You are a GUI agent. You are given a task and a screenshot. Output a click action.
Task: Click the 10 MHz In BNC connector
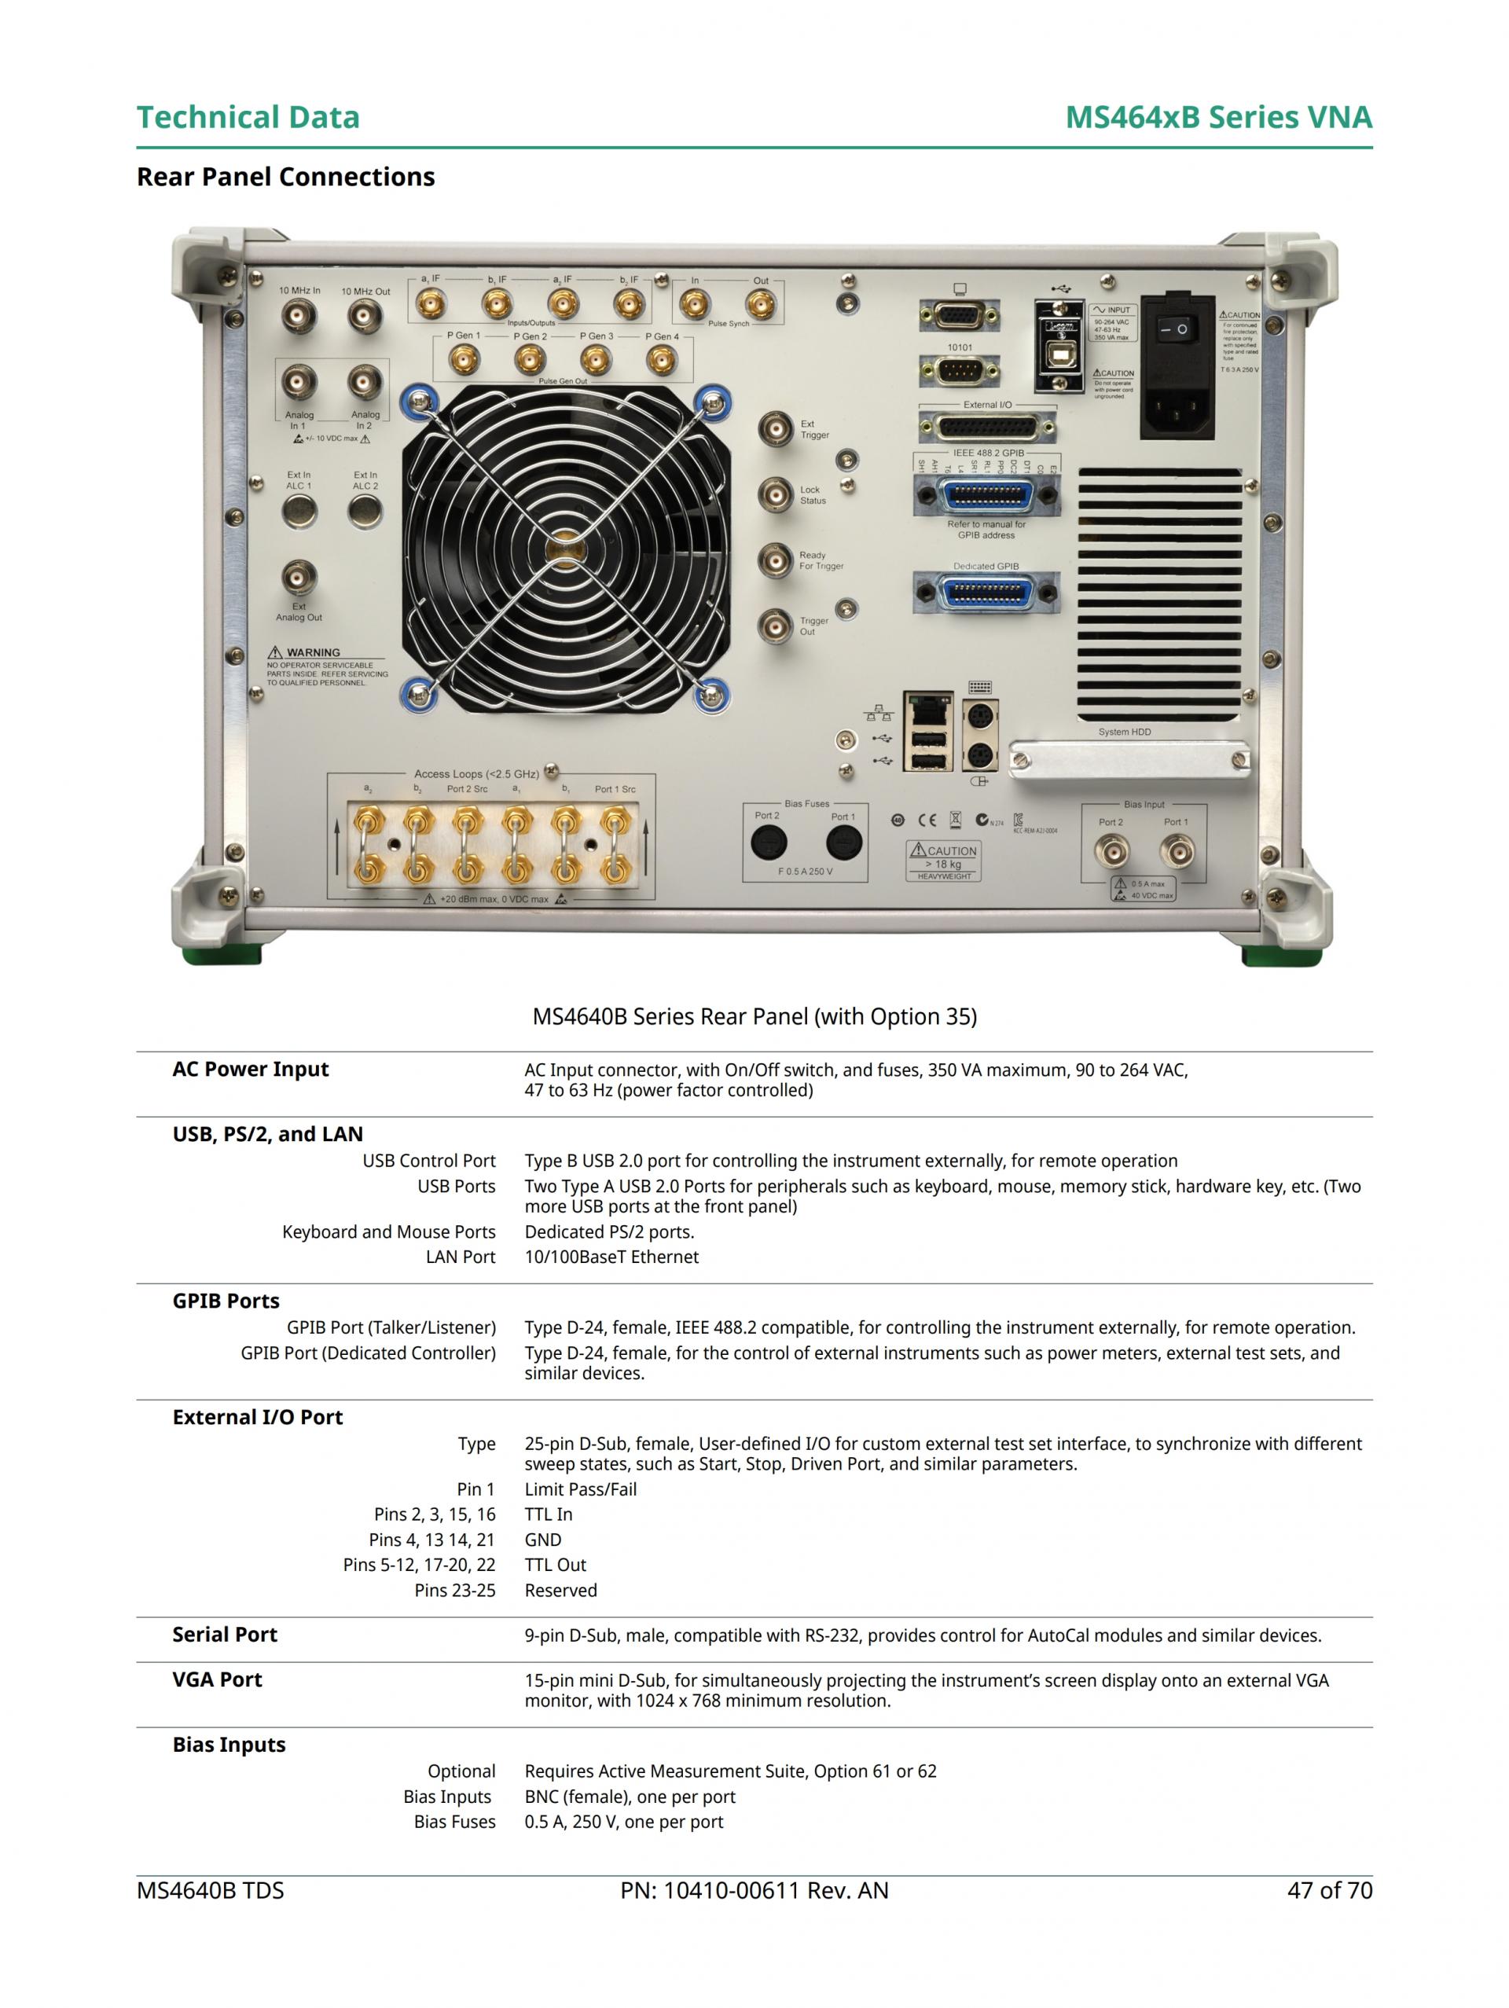[x=299, y=317]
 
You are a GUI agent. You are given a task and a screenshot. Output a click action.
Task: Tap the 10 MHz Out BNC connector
[x=365, y=317]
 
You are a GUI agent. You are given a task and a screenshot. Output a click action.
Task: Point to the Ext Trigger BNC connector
[x=776, y=428]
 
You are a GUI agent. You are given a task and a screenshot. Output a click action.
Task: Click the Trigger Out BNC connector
[x=776, y=626]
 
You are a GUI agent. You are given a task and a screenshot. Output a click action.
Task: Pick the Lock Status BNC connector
[x=776, y=495]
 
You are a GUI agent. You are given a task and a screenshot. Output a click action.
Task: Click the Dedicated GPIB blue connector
[x=986, y=593]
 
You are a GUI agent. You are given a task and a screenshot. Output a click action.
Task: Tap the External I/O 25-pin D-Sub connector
[x=987, y=427]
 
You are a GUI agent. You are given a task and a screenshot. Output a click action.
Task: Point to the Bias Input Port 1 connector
[x=1177, y=851]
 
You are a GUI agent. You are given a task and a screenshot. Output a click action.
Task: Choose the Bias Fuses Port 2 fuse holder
[x=768, y=843]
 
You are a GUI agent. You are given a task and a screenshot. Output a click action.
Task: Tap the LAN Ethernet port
[x=927, y=707]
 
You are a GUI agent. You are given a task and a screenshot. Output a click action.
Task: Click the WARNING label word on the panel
[x=314, y=652]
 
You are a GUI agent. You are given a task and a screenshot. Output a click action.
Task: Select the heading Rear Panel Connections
[x=285, y=176]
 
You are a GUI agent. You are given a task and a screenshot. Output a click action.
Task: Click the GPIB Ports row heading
[x=226, y=1301]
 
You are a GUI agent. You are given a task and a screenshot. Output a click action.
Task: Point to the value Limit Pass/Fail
[x=580, y=1489]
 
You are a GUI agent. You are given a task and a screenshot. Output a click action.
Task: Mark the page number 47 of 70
[x=1328, y=1890]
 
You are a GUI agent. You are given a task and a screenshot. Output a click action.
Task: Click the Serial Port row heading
[x=224, y=1634]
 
